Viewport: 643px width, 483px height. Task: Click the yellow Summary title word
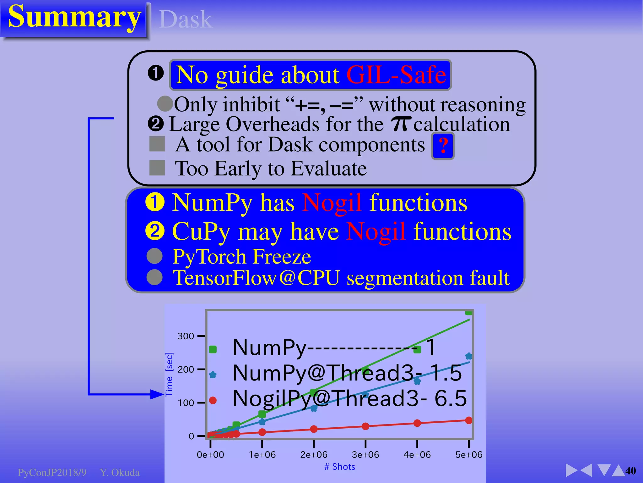pyautogui.click(x=74, y=17)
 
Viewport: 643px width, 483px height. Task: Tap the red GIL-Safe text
pyautogui.click(x=396, y=75)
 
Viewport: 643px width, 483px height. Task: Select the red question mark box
pyautogui.click(x=443, y=146)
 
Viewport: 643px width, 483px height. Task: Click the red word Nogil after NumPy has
pyautogui.click(x=332, y=203)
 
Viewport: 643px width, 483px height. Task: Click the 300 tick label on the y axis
pyautogui.click(x=186, y=336)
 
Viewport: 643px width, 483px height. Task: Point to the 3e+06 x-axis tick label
pyautogui.click(x=365, y=455)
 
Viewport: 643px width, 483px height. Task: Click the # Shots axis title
pyautogui.click(x=340, y=467)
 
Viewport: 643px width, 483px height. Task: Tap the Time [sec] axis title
pyautogui.click(x=169, y=374)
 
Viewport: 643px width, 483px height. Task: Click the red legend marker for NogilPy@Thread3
pyautogui.click(x=213, y=400)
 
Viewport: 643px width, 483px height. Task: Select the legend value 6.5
pyautogui.click(x=451, y=398)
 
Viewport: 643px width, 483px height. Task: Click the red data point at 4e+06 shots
pyautogui.click(x=417, y=423)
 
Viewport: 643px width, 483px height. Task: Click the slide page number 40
pyautogui.click(x=630, y=471)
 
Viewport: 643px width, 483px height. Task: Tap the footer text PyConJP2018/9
pyautogui.click(x=52, y=473)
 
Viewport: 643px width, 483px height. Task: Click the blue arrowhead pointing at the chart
pyautogui.click(x=157, y=394)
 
